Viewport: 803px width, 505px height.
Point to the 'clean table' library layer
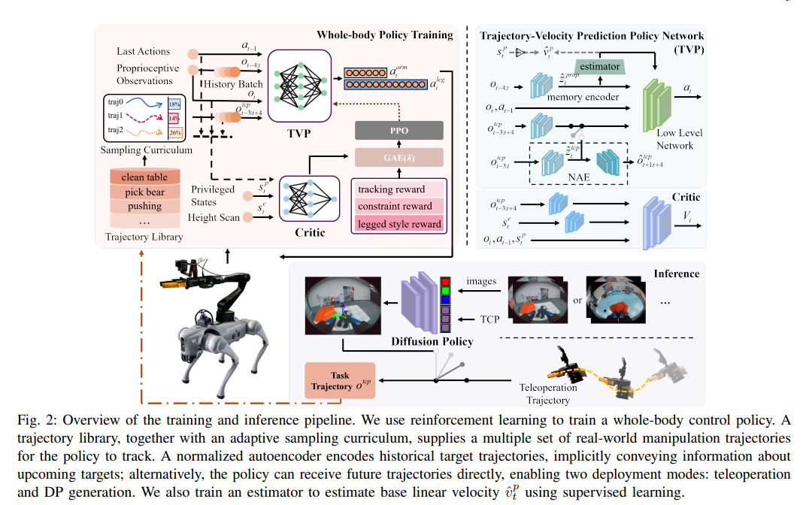[145, 177]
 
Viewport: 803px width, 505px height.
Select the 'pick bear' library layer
[145, 192]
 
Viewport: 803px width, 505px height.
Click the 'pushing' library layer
[145, 206]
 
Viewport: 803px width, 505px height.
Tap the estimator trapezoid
[599, 67]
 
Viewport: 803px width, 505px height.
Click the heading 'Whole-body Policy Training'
[385, 35]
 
